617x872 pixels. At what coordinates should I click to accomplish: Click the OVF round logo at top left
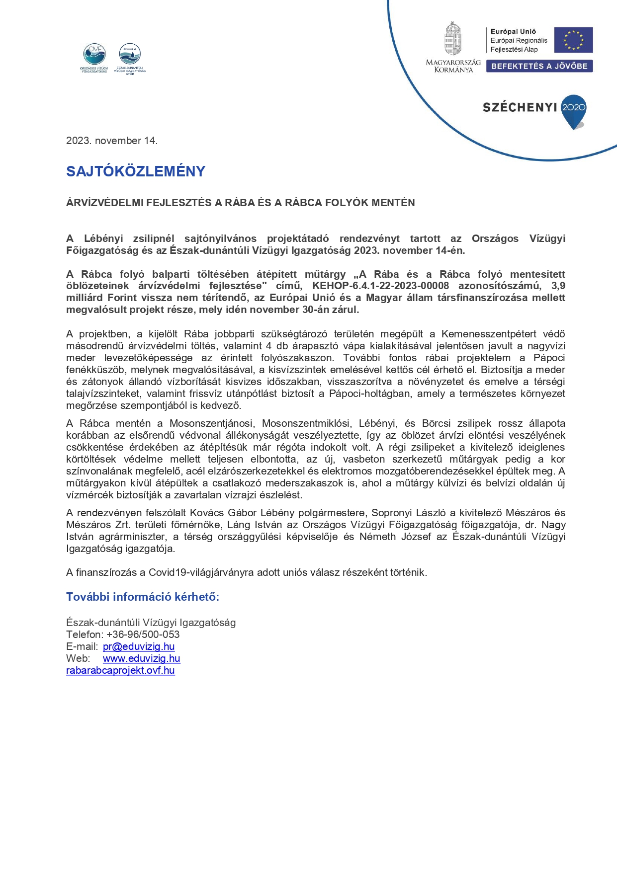click(94, 54)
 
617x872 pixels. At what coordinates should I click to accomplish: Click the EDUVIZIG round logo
click(130, 54)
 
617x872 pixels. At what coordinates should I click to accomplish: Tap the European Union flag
click(573, 40)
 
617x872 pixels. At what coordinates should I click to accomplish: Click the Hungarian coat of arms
click(452, 39)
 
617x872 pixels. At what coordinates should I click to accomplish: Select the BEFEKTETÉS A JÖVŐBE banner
click(539, 66)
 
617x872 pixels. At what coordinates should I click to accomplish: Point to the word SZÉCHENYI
click(520, 107)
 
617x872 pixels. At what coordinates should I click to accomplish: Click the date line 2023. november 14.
click(112, 141)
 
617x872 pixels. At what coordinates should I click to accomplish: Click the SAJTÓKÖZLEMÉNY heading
click(136, 171)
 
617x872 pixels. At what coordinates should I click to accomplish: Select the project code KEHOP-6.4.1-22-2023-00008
click(380, 286)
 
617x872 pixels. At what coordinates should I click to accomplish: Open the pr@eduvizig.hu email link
click(139, 646)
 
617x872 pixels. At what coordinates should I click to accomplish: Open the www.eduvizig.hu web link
click(141, 658)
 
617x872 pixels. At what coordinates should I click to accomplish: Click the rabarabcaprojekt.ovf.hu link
click(120, 670)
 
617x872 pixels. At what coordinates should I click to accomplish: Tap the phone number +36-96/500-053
click(143, 634)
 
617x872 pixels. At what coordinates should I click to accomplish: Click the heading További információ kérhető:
click(143, 597)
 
